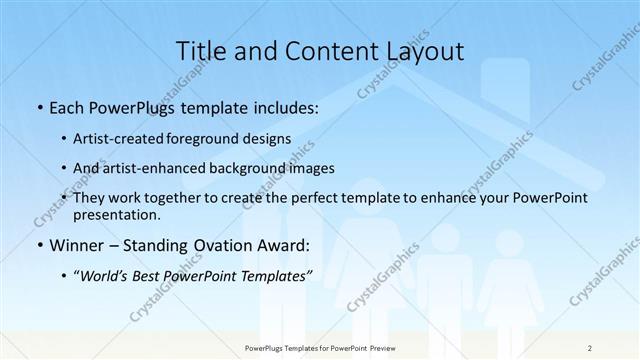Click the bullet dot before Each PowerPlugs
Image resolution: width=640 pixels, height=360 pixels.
38,106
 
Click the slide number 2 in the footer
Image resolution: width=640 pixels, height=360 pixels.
590,347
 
